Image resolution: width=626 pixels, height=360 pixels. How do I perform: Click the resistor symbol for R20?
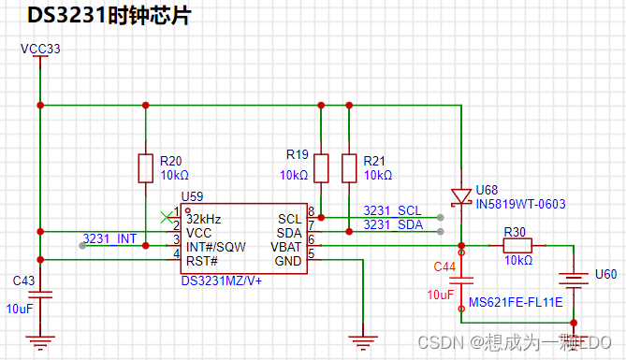[x=146, y=168]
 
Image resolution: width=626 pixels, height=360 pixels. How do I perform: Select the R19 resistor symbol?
[x=321, y=168]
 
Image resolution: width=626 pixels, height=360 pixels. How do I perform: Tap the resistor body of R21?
[x=349, y=168]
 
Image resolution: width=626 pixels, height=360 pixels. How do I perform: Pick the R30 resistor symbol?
[x=517, y=245]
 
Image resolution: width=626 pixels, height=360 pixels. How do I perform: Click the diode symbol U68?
[x=461, y=197]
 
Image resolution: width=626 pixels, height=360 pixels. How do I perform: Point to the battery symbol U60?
[x=574, y=279]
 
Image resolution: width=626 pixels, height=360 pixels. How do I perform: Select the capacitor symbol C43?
[x=40, y=295]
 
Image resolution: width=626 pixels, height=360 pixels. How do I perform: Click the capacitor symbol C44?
[x=461, y=281]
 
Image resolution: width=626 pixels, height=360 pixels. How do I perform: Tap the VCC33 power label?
[x=40, y=49]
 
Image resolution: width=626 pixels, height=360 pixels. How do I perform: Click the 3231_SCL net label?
[x=392, y=210]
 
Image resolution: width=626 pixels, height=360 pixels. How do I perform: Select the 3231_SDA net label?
[x=393, y=224]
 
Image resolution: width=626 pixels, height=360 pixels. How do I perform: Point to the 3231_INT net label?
[x=109, y=238]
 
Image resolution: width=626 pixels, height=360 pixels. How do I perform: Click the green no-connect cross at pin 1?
[x=167, y=218]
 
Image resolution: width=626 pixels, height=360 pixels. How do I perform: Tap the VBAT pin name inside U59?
[x=285, y=247]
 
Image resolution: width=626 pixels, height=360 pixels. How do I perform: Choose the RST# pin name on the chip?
[x=202, y=261]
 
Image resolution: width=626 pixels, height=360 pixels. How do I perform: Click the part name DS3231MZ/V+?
[x=222, y=281]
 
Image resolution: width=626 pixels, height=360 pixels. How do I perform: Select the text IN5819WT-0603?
[x=520, y=204]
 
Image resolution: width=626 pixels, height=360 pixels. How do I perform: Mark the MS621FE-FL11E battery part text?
[x=516, y=302]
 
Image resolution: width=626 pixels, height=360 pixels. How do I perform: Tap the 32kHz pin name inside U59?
[x=204, y=219]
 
